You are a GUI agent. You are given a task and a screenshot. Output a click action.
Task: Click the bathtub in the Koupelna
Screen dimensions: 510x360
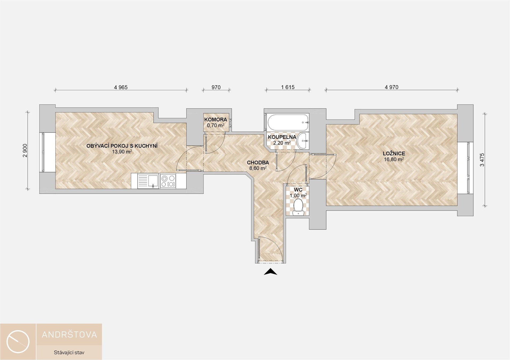click(288, 122)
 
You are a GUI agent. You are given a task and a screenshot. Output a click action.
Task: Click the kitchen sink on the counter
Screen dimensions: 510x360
click(146, 181)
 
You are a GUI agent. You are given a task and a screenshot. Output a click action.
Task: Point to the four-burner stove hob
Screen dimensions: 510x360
click(168, 181)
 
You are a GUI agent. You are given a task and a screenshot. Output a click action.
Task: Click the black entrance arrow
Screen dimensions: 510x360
click(270, 271)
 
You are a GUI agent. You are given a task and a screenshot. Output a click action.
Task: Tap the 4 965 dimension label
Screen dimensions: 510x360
click(121, 87)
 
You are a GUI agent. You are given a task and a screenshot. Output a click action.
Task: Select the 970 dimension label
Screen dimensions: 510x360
click(216, 87)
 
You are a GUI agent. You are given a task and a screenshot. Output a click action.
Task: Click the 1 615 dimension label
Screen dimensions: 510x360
click(288, 87)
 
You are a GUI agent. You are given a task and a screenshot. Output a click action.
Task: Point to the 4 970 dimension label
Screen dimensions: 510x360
click(392, 87)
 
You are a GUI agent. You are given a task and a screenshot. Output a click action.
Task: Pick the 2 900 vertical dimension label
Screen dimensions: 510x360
click(25, 151)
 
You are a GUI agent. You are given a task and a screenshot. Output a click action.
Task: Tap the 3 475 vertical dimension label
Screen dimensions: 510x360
click(482, 160)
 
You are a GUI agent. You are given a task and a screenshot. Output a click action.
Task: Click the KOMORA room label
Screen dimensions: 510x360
click(216, 120)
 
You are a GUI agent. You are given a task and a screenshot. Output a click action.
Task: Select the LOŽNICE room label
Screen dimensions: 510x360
click(394, 153)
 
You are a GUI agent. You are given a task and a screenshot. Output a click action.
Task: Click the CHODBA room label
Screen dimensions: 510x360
click(258, 162)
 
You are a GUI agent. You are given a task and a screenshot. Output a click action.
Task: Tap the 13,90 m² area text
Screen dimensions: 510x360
click(122, 152)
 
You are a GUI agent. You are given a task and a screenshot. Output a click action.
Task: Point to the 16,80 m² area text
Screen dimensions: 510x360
click(394, 159)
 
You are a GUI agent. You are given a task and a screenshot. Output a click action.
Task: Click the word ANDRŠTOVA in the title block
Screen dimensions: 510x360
click(70, 334)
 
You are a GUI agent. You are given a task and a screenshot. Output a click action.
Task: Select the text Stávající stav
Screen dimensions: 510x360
click(69, 353)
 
